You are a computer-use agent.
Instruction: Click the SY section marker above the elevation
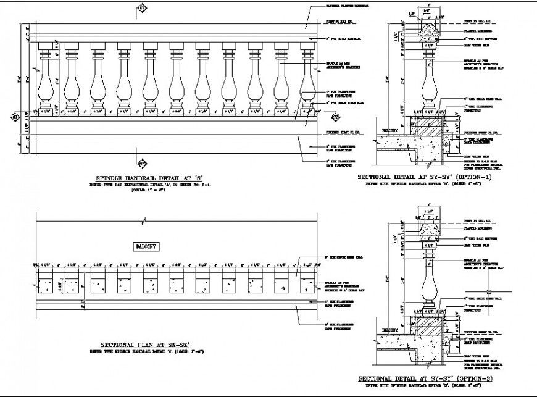click(x=141, y=8)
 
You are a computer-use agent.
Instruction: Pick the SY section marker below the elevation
click(x=141, y=164)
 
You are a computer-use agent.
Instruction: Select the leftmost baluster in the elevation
click(x=46, y=77)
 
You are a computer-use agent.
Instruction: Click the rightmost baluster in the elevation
click(x=309, y=77)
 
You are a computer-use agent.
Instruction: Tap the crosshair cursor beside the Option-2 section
click(x=488, y=290)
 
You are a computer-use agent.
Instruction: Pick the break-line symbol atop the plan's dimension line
click(x=144, y=219)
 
